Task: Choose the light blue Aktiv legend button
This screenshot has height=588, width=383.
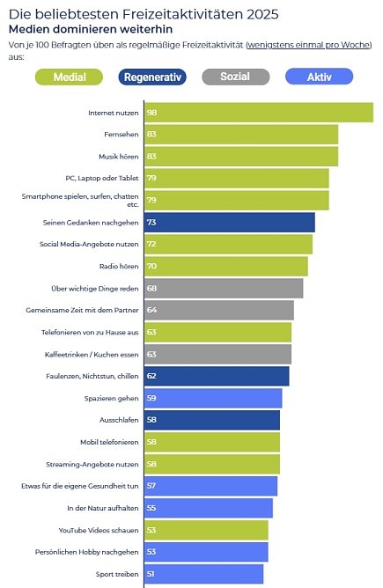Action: [319, 77]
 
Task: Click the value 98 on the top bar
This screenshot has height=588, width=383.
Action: [177, 113]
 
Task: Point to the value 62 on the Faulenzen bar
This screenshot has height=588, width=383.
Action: [177, 377]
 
